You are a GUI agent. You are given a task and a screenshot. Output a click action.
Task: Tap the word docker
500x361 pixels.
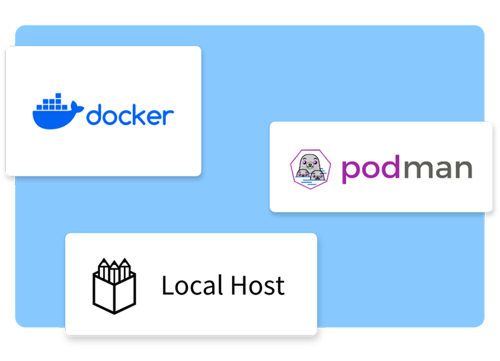(130, 115)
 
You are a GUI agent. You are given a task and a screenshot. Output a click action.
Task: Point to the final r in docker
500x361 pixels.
(169, 117)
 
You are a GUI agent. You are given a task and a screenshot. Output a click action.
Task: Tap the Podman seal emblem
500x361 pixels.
(310, 167)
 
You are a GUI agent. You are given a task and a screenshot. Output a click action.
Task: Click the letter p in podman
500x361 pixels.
(351, 171)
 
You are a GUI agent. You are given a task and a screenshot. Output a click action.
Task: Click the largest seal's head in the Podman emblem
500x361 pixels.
(309, 162)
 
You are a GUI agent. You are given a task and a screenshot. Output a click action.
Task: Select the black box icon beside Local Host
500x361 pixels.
(113, 284)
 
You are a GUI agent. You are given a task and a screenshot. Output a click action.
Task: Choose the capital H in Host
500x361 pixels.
(238, 286)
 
